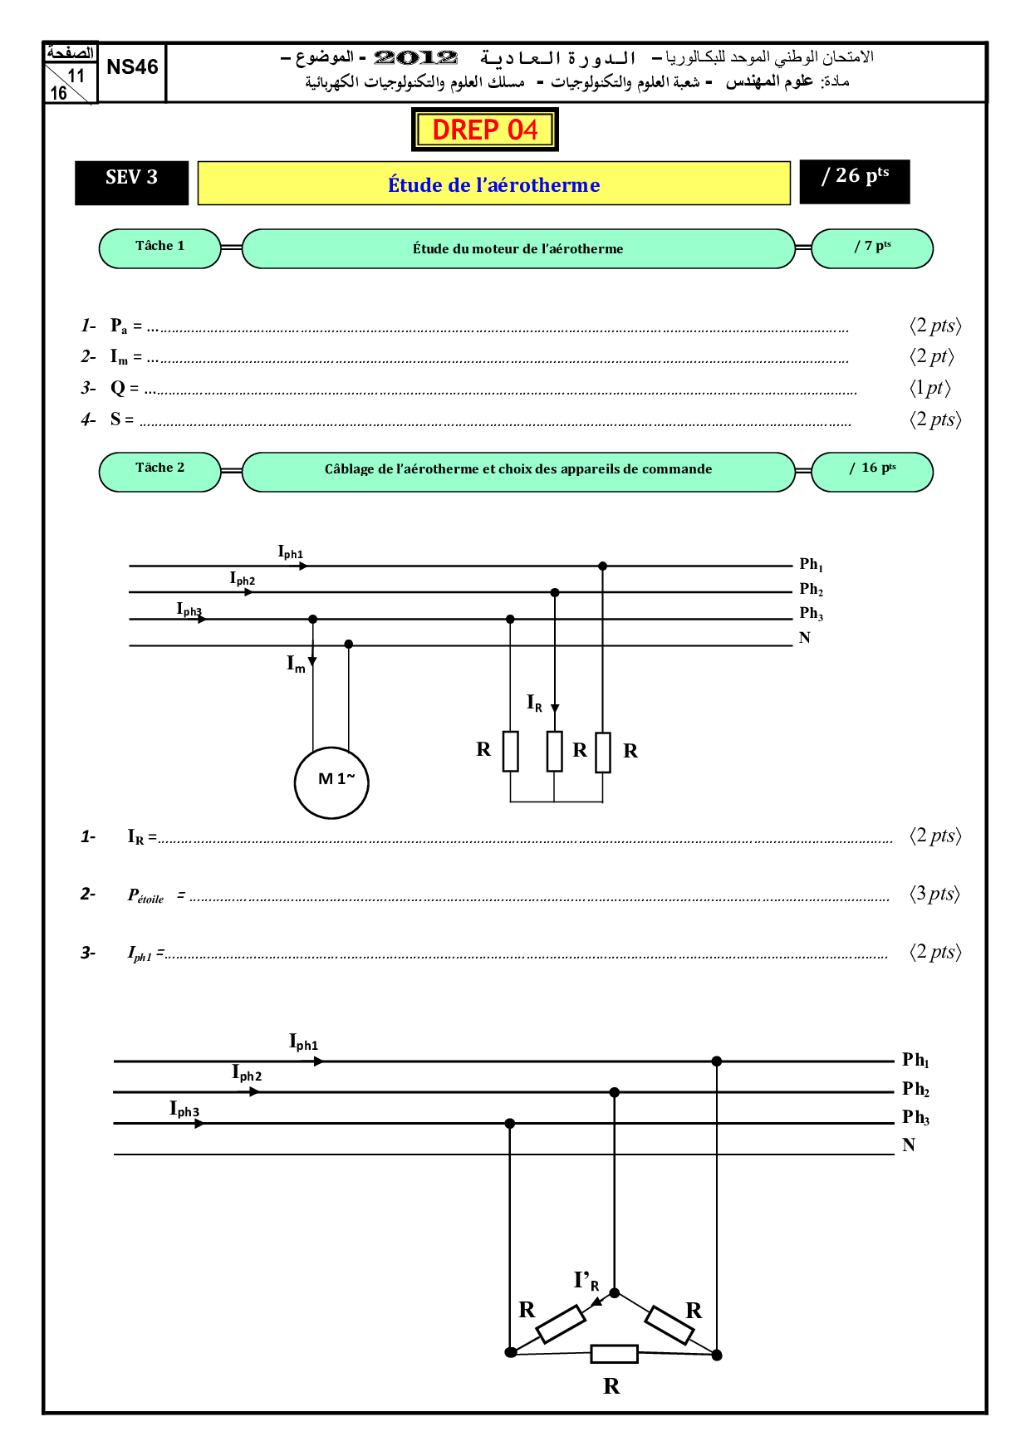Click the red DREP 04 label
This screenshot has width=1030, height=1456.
(x=485, y=130)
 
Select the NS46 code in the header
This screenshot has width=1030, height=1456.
(x=132, y=67)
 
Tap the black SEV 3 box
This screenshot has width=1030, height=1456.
(x=131, y=182)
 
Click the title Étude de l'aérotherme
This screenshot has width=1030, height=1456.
(x=493, y=184)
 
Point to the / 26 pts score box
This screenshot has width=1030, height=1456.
(x=855, y=181)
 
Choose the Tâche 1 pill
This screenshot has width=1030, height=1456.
(x=159, y=248)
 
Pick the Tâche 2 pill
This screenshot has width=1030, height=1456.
(x=159, y=471)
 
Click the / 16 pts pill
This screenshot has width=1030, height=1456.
(x=871, y=471)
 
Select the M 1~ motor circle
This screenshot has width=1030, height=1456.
(x=331, y=782)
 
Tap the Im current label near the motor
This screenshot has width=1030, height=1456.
(x=296, y=664)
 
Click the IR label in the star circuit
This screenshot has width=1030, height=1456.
(x=534, y=703)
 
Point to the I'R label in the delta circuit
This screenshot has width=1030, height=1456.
(x=585, y=1280)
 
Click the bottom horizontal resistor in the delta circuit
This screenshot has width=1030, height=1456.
(x=614, y=1354)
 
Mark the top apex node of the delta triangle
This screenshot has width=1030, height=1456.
(x=615, y=1292)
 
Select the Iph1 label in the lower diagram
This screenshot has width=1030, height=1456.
(x=303, y=1042)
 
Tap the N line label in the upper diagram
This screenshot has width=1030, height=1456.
(x=804, y=638)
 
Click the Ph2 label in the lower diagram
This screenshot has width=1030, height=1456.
(x=915, y=1089)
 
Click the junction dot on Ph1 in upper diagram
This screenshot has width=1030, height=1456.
(x=603, y=566)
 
